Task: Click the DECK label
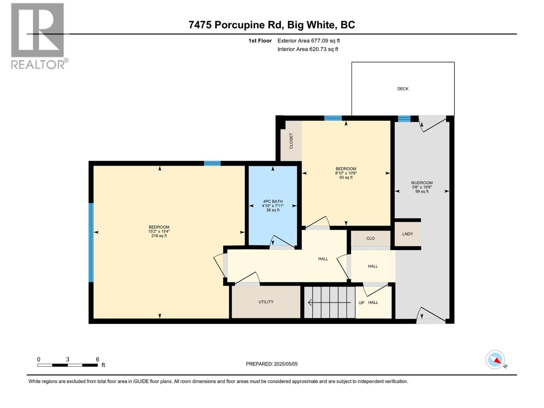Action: tap(403, 89)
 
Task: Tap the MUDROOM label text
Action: tap(422, 183)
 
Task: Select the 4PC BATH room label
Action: tap(273, 201)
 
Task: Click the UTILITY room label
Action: tap(266, 302)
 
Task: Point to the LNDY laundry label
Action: tap(407, 234)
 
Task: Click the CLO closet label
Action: tap(370, 238)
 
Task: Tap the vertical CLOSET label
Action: tap(291, 141)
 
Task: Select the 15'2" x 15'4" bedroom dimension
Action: tap(159, 232)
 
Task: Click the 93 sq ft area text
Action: tap(346, 177)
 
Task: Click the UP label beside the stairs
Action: tap(361, 303)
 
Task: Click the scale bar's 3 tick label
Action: tap(68, 359)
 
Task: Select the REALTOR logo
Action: tap(38, 36)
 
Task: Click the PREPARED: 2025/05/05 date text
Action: tap(272, 364)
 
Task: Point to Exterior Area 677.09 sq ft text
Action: tap(308, 41)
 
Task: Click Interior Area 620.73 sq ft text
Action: tap(308, 49)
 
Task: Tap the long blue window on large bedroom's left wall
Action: tap(91, 242)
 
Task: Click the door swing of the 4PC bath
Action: tap(282, 242)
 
